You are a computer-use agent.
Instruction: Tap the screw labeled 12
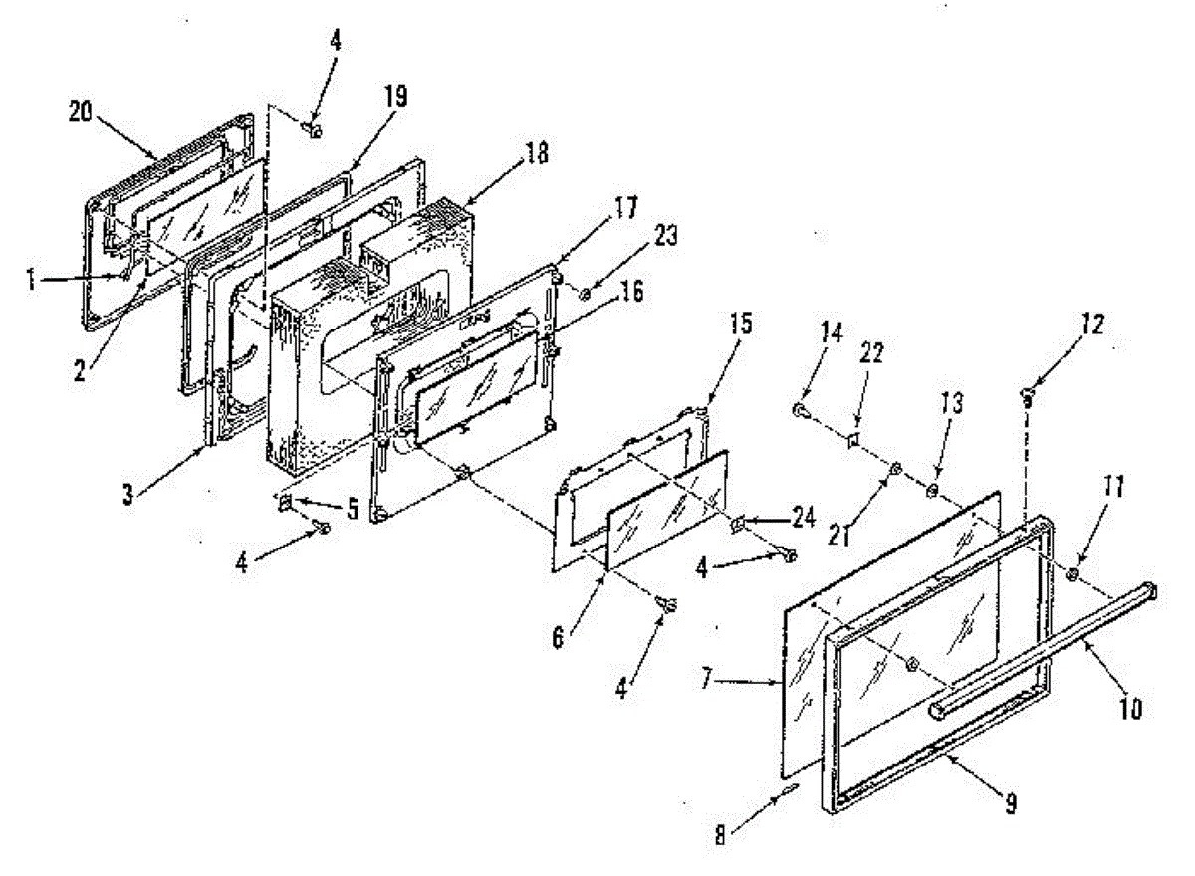tap(1025, 396)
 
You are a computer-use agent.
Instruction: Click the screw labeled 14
tap(800, 408)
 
